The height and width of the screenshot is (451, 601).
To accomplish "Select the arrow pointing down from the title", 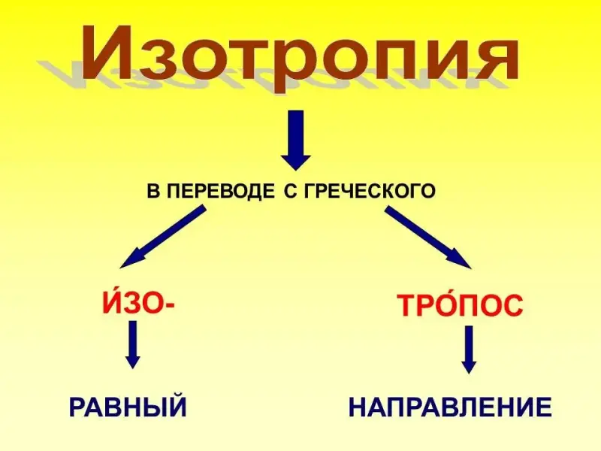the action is click(295, 141).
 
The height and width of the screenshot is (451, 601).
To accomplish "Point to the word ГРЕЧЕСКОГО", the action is click(369, 191).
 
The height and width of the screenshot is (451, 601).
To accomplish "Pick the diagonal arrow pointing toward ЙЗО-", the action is click(163, 237).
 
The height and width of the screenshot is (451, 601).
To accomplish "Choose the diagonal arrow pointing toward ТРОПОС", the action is click(427, 237).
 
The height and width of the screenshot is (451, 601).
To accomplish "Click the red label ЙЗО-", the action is click(137, 302).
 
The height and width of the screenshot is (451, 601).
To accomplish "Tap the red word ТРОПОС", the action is click(460, 304).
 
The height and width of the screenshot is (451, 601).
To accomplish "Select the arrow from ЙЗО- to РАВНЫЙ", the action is click(133, 344).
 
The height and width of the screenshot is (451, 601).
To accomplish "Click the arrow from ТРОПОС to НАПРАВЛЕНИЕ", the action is click(469, 350).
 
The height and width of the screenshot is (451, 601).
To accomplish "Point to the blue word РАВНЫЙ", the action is click(128, 407).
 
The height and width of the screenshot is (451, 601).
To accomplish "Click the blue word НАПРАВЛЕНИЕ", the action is click(450, 407).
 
